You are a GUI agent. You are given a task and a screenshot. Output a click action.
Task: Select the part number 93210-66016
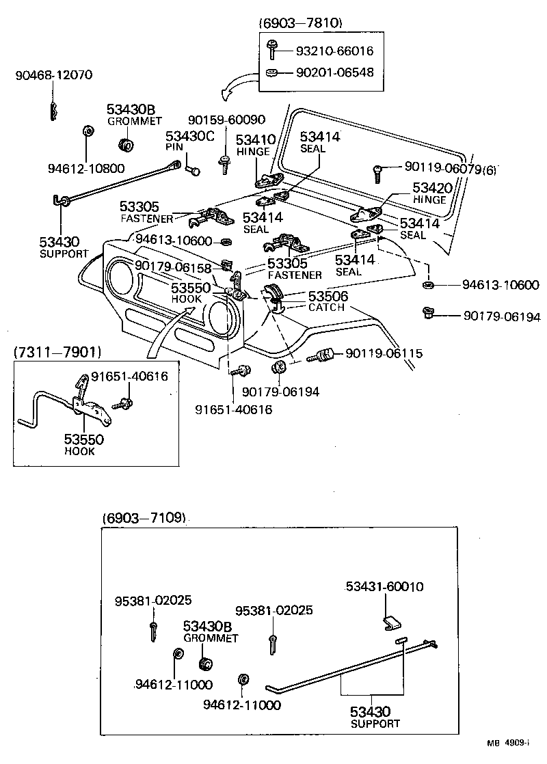pos(334,51)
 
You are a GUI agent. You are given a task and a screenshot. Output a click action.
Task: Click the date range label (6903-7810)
pos(300,23)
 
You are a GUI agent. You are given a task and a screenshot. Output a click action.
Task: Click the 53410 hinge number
pos(255,139)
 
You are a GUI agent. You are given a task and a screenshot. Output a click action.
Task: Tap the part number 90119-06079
pos(442,167)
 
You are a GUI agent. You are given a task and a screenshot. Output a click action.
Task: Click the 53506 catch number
pos(328,296)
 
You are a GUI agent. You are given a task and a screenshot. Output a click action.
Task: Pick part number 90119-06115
pos(384,353)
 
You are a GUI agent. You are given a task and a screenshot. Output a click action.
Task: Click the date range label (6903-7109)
pos(144,517)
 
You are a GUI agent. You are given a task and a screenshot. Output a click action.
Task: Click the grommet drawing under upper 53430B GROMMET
pos(126,146)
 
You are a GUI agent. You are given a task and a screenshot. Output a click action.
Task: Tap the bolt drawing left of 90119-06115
pos(321,356)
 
